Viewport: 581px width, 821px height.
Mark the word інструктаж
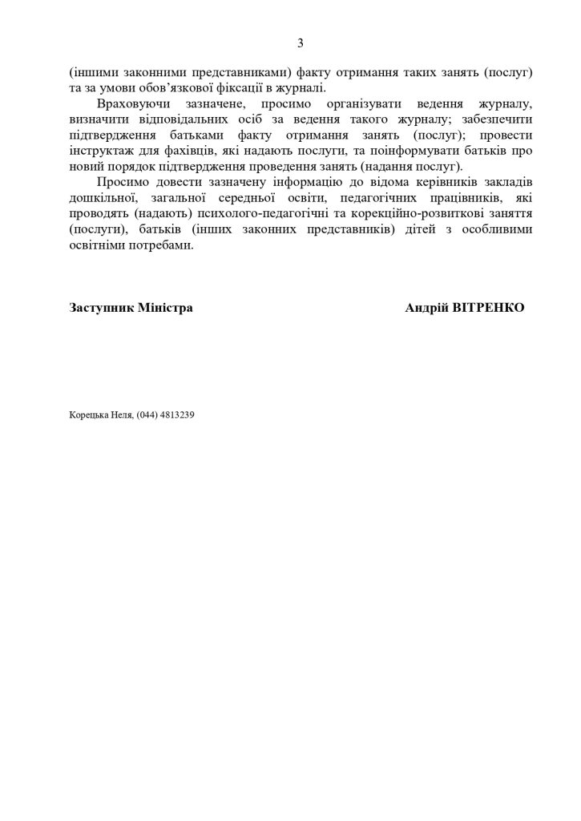(101, 152)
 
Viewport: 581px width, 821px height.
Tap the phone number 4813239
(178, 415)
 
